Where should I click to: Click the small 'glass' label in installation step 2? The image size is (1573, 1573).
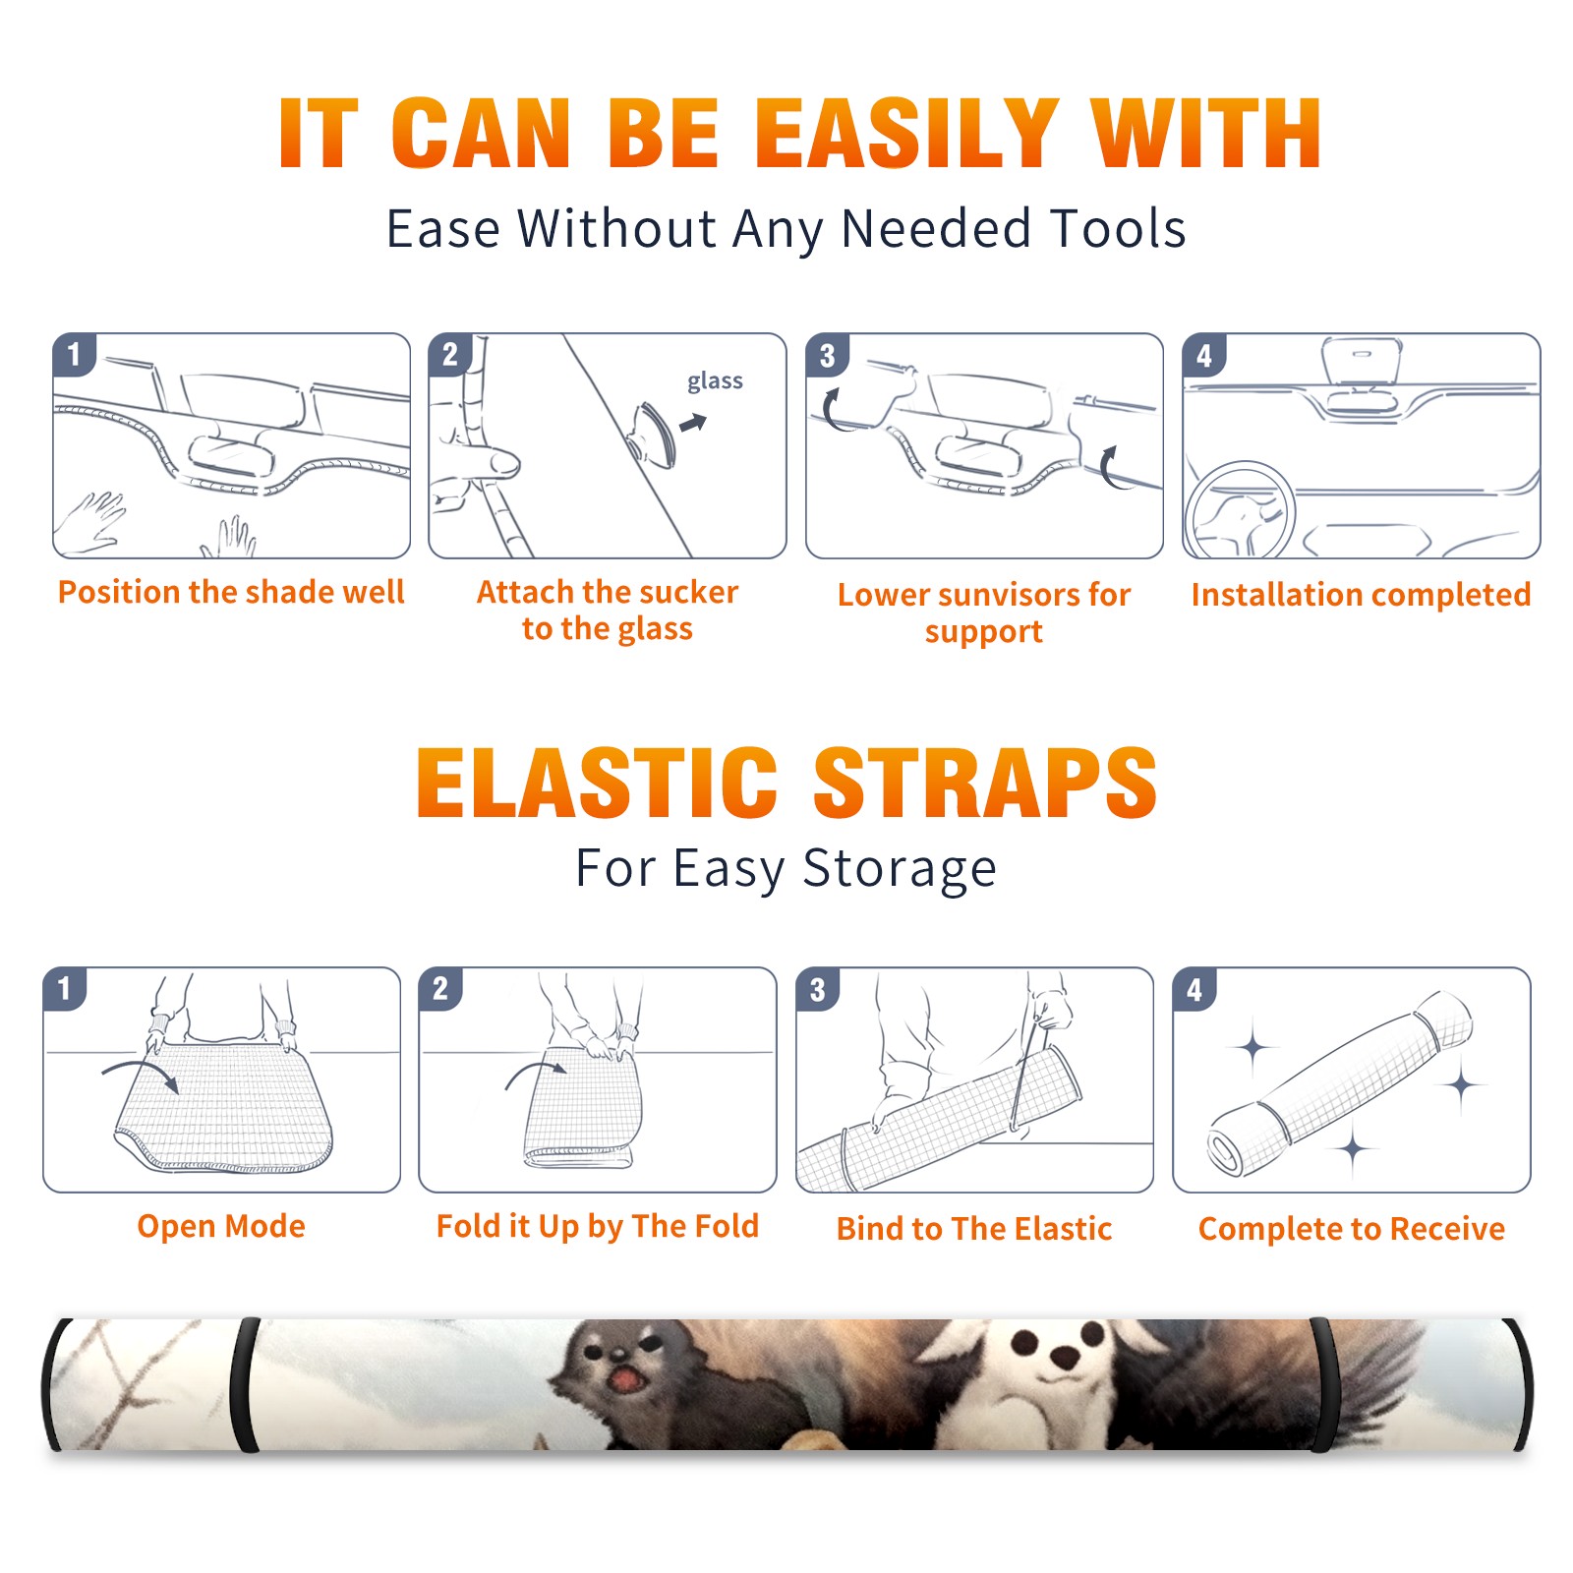[x=715, y=380]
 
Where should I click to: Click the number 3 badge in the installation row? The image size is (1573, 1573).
[x=826, y=355]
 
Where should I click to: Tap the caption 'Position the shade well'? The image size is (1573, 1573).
[x=231, y=592]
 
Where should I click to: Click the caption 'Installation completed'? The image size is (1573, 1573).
[x=1361, y=594]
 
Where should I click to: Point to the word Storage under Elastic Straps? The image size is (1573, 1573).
[x=900, y=869]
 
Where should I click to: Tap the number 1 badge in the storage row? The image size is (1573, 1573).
[x=64, y=988]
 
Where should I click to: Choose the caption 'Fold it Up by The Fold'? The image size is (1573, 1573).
[x=598, y=1226]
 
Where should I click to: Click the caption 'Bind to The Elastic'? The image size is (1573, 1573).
[x=974, y=1229]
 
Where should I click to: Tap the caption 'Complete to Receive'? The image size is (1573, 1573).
[x=1352, y=1229]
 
